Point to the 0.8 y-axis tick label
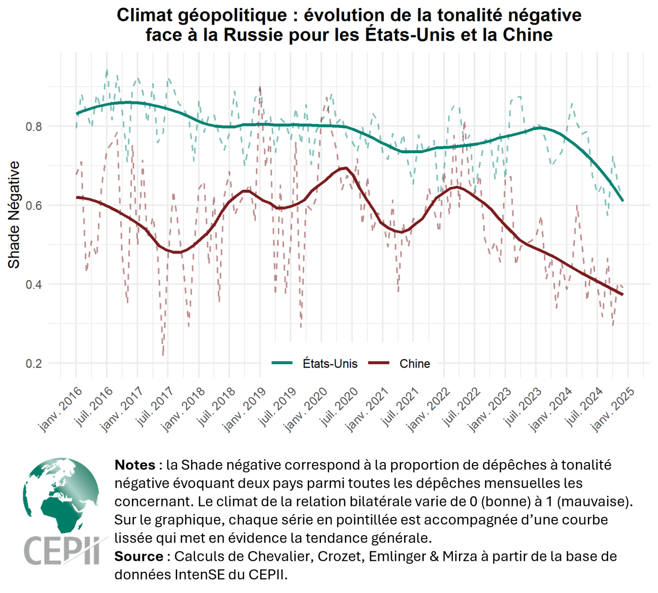pyautogui.click(x=34, y=127)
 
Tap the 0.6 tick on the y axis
pyautogui.click(x=34, y=206)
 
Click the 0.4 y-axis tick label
pyautogui.click(x=34, y=285)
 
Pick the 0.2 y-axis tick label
pyautogui.click(x=34, y=364)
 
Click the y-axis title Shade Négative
pyautogui.click(x=14, y=215)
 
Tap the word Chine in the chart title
pyautogui.click(x=527, y=35)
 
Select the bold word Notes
pyautogui.click(x=135, y=465)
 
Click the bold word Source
pyautogui.click(x=139, y=556)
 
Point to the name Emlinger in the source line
pyautogui.click(x=390, y=556)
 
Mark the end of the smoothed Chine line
pyautogui.click(x=622, y=295)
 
